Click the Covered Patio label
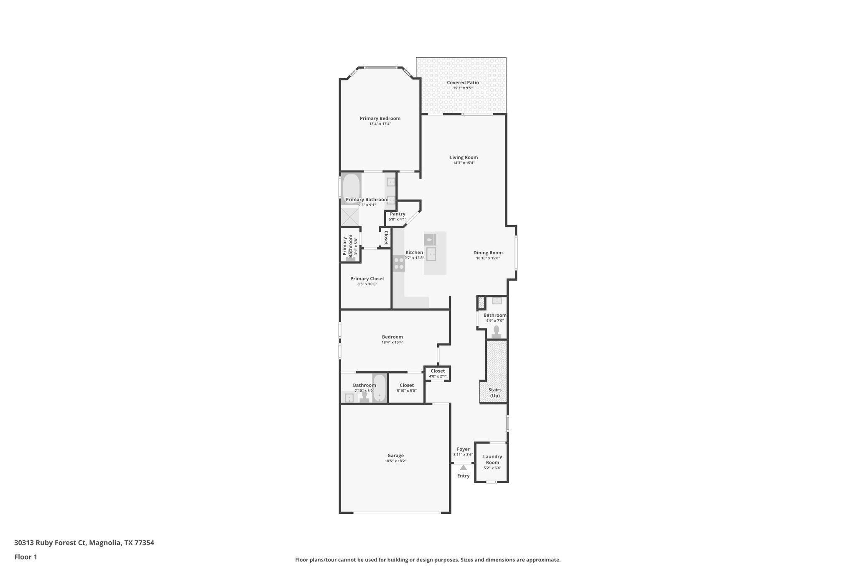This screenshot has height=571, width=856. point(463,82)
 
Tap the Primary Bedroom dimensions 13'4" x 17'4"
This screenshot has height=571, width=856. point(380,124)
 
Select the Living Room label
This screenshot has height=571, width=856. point(464,157)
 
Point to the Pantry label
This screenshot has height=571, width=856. point(397,214)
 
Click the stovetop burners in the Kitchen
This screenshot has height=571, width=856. point(399,263)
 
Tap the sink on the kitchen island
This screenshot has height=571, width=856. point(431,254)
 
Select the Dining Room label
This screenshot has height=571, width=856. point(488,253)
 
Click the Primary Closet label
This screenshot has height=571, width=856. point(367,279)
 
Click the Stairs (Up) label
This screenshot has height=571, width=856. point(495,392)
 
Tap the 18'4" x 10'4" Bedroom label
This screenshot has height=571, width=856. point(392,337)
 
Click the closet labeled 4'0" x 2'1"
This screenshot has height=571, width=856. point(438,373)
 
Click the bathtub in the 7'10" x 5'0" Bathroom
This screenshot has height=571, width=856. point(380,388)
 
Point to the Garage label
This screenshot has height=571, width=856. point(395,456)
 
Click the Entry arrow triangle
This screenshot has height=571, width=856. point(463,468)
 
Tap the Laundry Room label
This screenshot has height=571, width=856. point(492,459)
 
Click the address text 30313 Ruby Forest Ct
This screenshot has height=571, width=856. point(50,543)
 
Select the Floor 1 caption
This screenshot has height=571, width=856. point(25,557)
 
